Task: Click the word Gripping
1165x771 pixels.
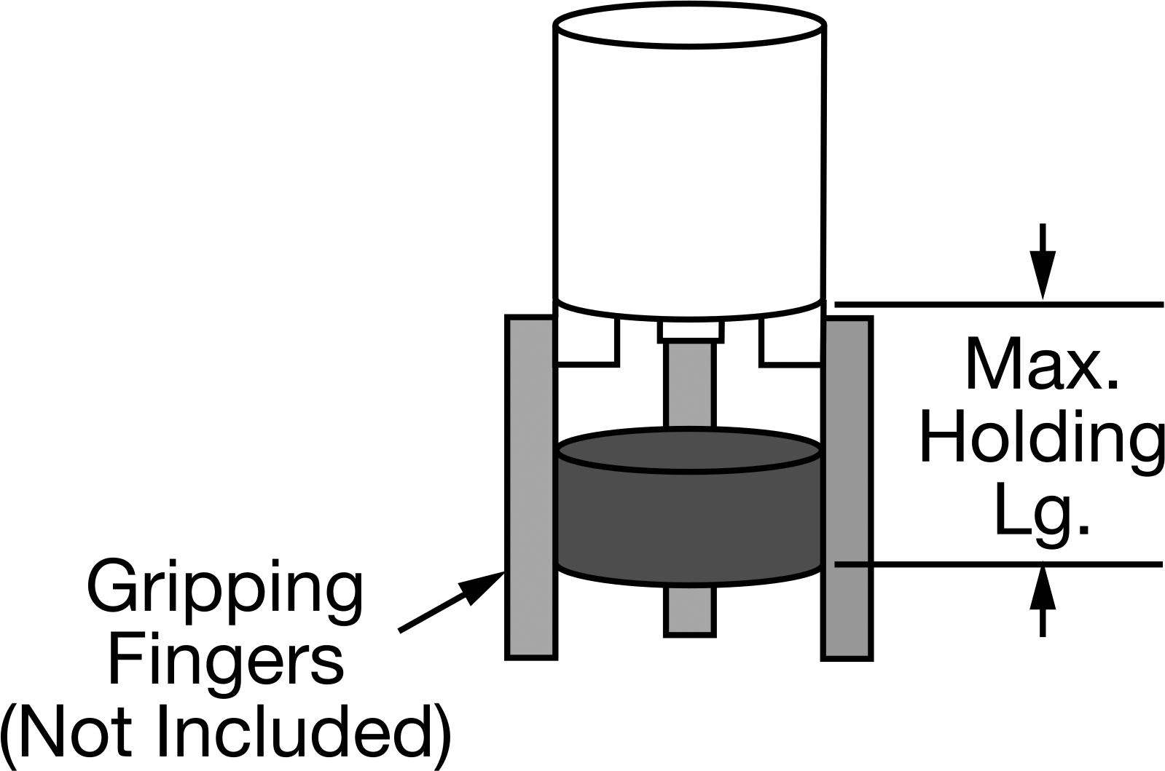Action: (x=224, y=596)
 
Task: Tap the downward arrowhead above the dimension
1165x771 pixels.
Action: (x=1043, y=275)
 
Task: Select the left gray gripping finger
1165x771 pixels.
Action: (x=530, y=487)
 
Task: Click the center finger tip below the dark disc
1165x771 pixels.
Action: (x=690, y=611)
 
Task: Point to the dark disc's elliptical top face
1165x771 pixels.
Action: (x=689, y=450)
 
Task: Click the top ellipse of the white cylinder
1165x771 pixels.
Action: (x=690, y=26)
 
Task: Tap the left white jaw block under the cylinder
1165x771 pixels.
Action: (x=588, y=341)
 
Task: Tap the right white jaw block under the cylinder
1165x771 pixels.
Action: (x=791, y=341)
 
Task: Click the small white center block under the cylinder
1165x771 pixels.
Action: (x=690, y=331)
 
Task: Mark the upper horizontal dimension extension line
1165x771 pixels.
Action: (x=999, y=304)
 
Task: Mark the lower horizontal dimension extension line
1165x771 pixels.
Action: (x=999, y=564)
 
